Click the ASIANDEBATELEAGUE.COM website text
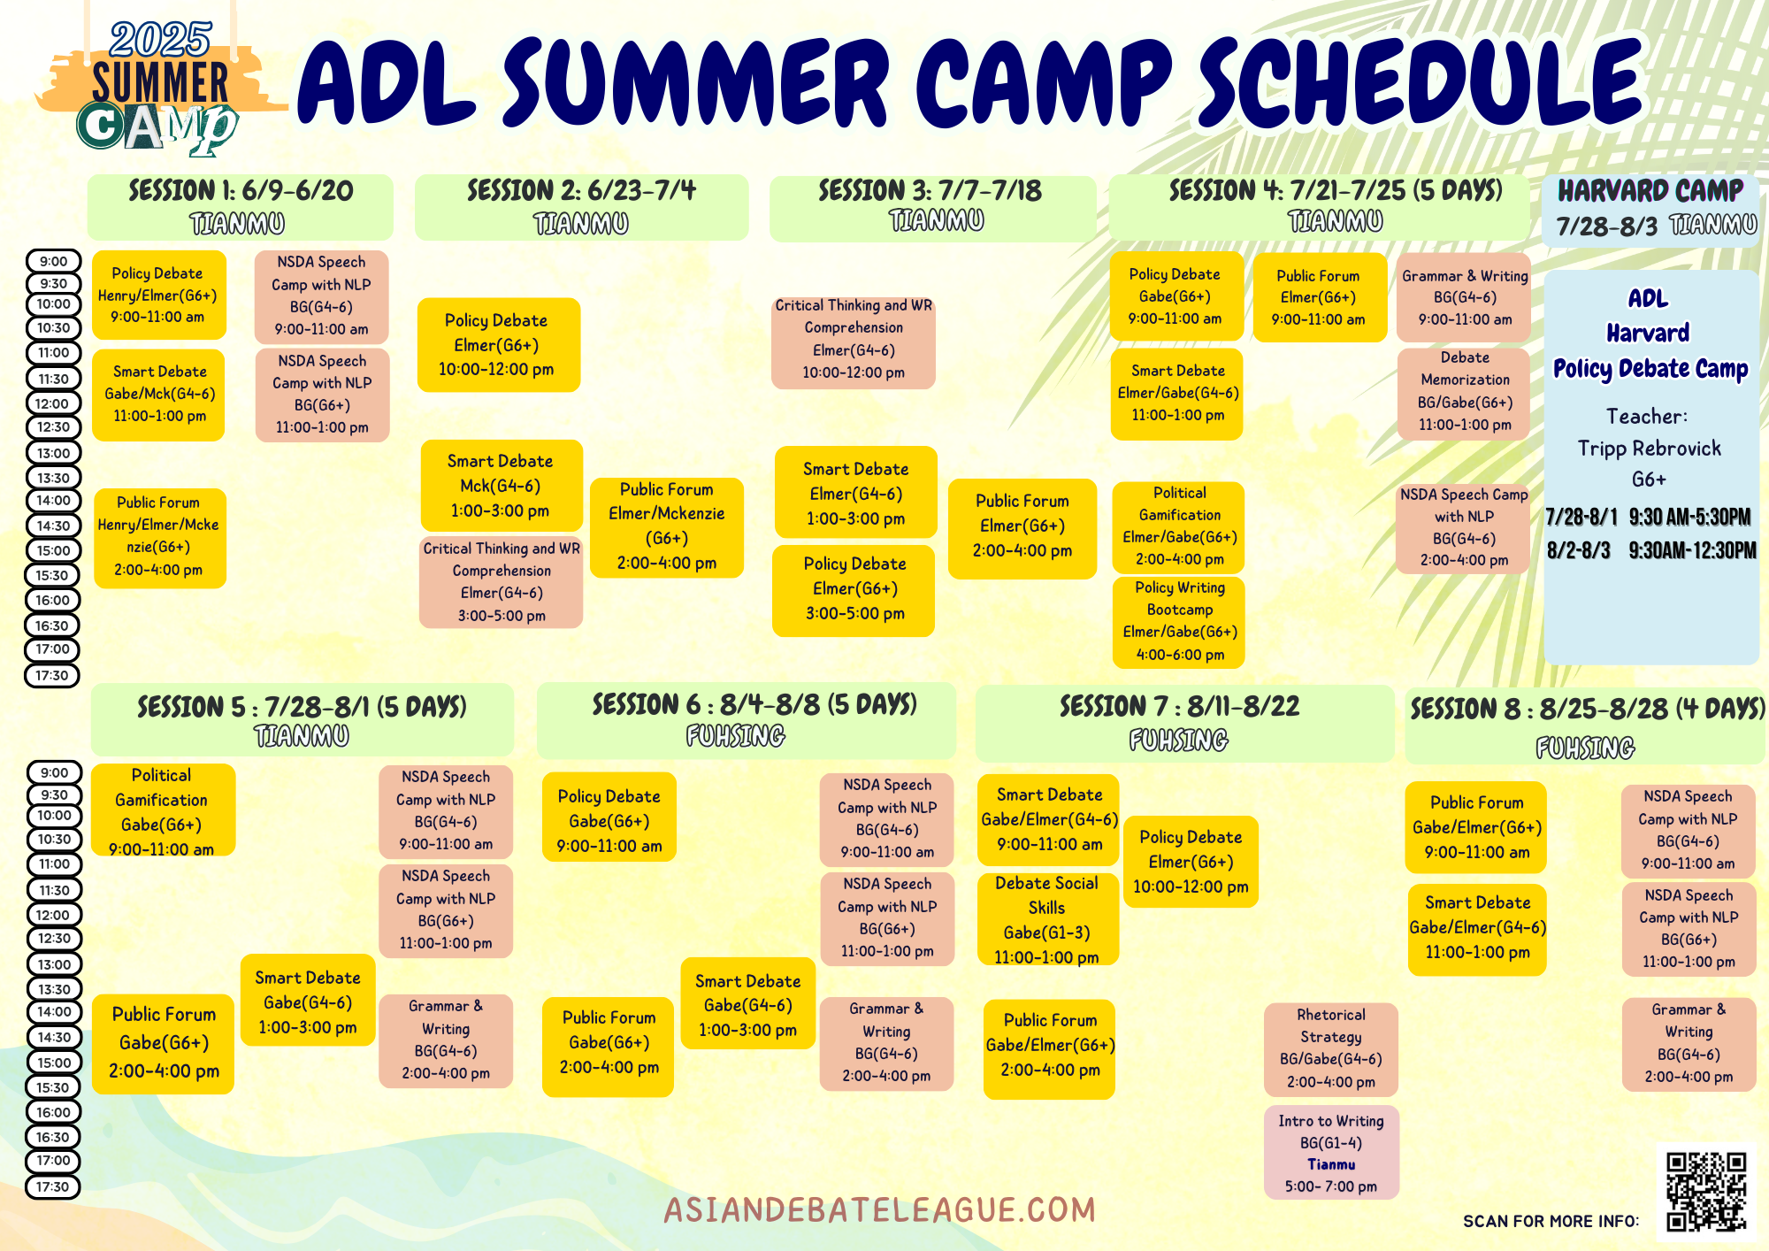point(880,1209)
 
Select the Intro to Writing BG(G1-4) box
point(1331,1153)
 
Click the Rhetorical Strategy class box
point(1331,1049)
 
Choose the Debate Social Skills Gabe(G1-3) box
point(1047,919)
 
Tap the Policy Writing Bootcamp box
point(1179,621)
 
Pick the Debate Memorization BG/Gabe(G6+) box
point(1465,392)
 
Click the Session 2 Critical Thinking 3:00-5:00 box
point(502,582)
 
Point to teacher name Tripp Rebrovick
point(1650,449)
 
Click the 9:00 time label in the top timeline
point(54,261)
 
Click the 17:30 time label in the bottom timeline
point(53,1186)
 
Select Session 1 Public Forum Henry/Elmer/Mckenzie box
point(159,537)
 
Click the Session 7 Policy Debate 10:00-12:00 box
point(1191,862)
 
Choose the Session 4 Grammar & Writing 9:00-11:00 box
point(1465,298)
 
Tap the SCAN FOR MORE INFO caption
point(1551,1221)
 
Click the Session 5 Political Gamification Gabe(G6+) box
point(163,810)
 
